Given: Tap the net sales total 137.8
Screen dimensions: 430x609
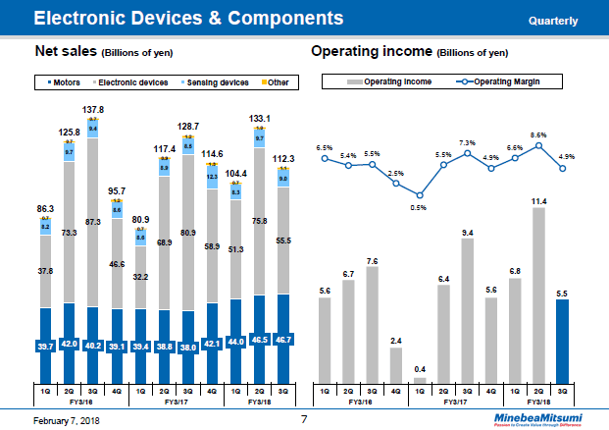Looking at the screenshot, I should [x=92, y=110].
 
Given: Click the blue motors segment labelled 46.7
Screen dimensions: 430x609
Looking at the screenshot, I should [x=284, y=339].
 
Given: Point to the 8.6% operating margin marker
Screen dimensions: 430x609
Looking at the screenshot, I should [x=538, y=145].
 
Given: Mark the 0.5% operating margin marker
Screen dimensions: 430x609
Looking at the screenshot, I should [x=420, y=194].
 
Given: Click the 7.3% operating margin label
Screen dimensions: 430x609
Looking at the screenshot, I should [x=468, y=143].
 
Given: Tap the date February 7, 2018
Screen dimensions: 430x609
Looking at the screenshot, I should [x=60, y=420].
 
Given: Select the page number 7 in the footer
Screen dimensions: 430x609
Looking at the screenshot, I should [x=304, y=419].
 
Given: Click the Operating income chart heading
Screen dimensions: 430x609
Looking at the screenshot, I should [x=372, y=51].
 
